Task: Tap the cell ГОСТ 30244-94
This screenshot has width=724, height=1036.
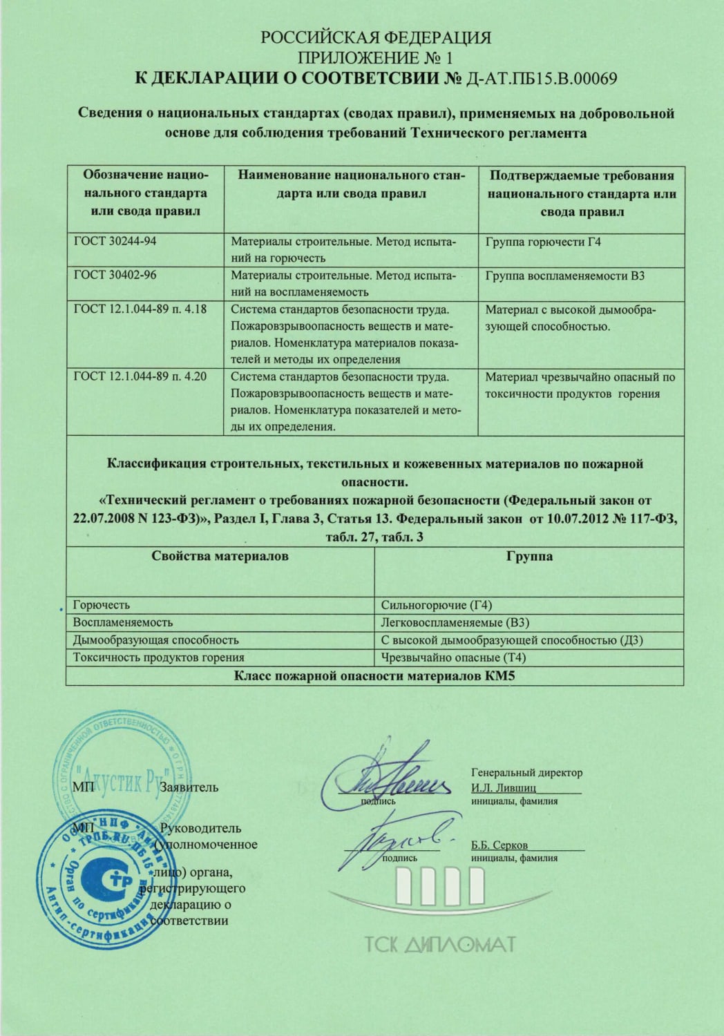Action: click(x=111, y=241)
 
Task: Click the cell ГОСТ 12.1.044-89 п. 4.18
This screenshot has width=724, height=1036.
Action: click(x=140, y=309)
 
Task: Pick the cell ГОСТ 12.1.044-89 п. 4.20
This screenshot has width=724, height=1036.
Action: click(x=140, y=376)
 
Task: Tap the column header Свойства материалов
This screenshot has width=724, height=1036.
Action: click(x=220, y=556)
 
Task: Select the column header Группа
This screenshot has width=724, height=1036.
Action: click(x=529, y=556)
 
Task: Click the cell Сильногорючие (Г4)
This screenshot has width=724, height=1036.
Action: click(x=437, y=605)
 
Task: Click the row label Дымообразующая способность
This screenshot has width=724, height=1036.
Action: click(x=156, y=640)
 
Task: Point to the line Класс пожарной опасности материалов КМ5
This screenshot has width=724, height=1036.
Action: click(x=375, y=676)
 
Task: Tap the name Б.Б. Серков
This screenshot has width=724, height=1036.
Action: click(x=499, y=845)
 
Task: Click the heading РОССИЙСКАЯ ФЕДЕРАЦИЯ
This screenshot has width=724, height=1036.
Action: click(x=375, y=37)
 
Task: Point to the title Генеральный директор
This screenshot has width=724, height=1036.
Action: click(x=526, y=772)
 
